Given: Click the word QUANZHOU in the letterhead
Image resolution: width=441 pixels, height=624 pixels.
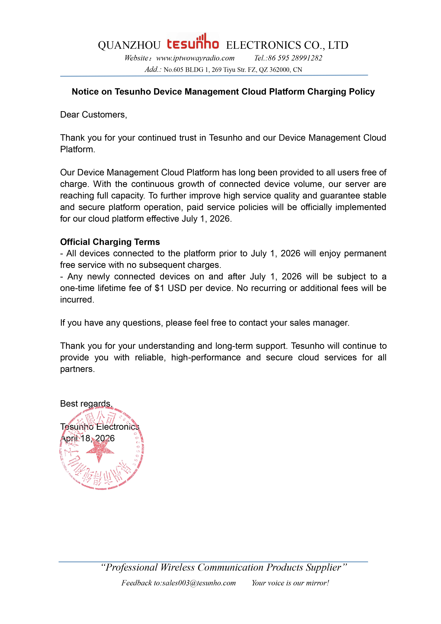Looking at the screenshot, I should pos(129,45).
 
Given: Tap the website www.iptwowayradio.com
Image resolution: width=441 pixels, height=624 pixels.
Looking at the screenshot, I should pos(195,58).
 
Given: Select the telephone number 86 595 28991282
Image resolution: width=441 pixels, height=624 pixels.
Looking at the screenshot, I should pos(295,58).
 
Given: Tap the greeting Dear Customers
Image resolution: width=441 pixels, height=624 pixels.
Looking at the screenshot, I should pos(94,115).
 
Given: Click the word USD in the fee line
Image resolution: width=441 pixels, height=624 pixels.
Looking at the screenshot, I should pos(177,288).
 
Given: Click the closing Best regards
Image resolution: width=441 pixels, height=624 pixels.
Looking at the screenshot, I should pos(86,404).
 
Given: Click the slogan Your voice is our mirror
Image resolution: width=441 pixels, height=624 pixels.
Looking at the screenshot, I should pos(290,583).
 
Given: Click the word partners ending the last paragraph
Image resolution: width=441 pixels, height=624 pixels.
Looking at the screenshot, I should pos(77,369).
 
